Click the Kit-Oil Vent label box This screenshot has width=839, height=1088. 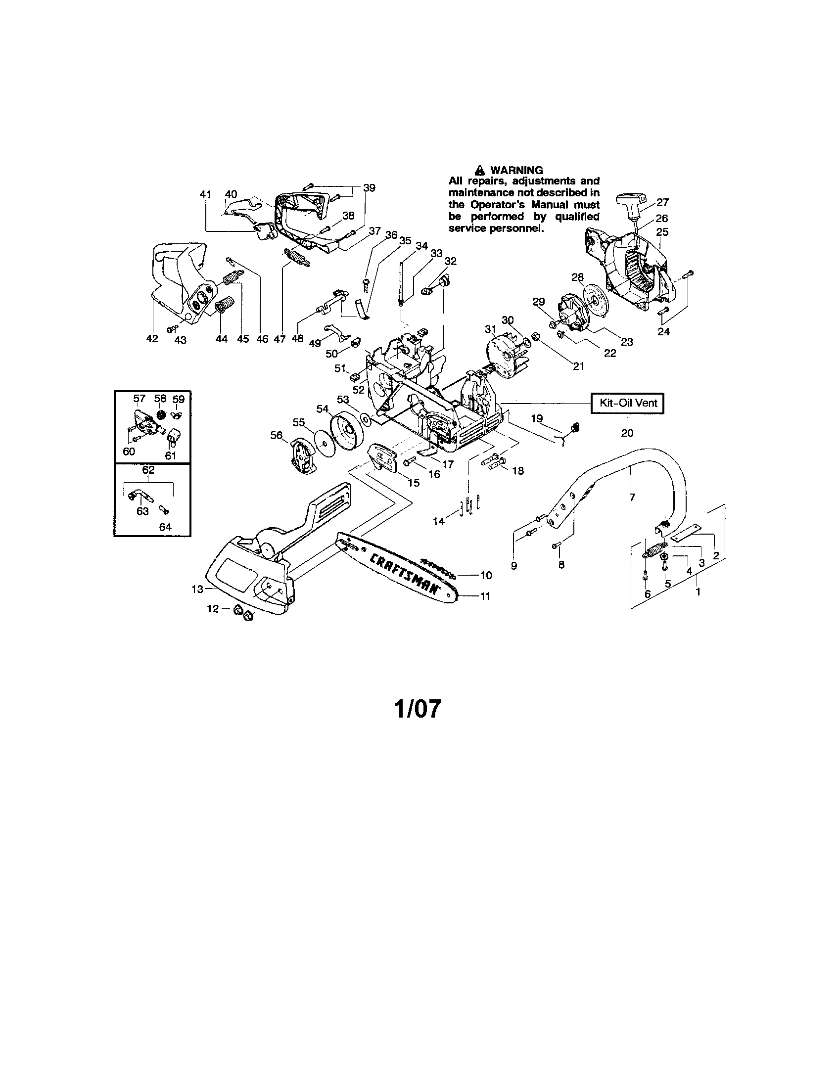coord(627,403)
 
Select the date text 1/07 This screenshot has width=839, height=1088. coord(418,709)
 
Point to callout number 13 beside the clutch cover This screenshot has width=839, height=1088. coord(197,589)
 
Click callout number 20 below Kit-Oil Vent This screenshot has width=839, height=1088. coord(627,433)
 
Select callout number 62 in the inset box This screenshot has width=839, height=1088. coord(148,470)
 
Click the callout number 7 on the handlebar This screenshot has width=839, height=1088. coord(632,497)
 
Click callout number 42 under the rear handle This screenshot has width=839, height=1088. coord(152,339)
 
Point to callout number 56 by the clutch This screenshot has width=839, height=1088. coord(277,435)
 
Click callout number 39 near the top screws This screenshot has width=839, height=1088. coord(369,188)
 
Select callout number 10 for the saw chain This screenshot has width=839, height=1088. coord(486,575)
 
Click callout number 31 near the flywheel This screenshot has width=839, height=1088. coord(490,329)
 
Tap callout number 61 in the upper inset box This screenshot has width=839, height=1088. coord(171,455)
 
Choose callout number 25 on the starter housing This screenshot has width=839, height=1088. coord(662,231)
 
